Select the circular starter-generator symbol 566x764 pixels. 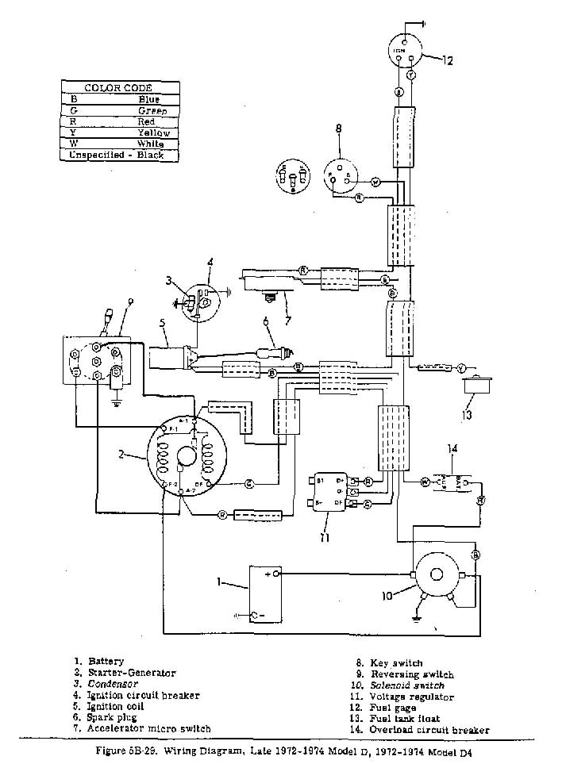pyautogui.click(x=187, y=456)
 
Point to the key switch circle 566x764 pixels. pyautogui.click(x=341, y=175)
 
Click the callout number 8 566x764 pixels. pyautogui.click(x=338, y=129)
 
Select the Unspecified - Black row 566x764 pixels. pyautogui.click(x=118, y=155)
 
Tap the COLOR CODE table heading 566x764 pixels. pyautogui.click(x=118, y=87)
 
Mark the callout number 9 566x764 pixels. pyautogui.click(x=131, y=301)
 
